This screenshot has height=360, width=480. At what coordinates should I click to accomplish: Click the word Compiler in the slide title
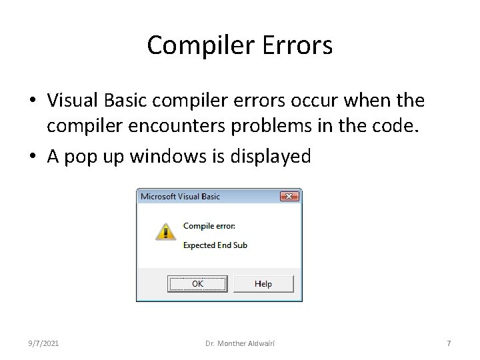click(193, 46)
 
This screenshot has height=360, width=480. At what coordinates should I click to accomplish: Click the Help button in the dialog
click(263, 283)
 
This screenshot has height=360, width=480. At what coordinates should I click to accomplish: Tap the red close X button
click(289, 197)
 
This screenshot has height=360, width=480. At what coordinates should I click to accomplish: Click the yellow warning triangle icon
click(165, 231)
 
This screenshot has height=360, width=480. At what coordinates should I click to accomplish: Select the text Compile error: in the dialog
click(209, 226)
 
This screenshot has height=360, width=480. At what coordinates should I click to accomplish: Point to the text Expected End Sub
click(215, 245)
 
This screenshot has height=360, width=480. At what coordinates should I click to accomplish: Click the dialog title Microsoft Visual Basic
click(180, 197)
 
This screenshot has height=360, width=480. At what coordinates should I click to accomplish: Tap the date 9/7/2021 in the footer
click(43, 343)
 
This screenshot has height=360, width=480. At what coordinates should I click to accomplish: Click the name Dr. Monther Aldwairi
click(240, 343)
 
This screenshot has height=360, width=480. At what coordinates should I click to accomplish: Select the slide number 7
click(449, 343)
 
